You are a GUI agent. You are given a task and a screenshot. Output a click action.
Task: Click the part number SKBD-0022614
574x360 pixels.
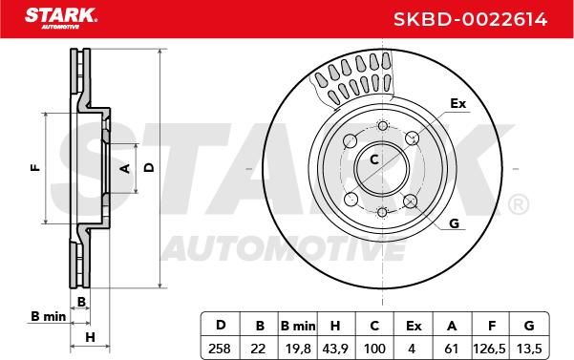tap(470, 19)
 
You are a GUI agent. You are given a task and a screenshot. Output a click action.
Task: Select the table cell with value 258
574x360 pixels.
tap(220, 349)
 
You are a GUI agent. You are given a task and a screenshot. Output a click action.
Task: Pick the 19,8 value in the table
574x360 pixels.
tap(298, 349)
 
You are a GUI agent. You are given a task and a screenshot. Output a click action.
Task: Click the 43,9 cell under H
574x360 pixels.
tap(335, 349)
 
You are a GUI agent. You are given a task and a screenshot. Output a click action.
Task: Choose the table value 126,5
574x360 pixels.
tap(489, 349)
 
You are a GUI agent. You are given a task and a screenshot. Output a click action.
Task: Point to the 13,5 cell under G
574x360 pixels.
tap(528, 349)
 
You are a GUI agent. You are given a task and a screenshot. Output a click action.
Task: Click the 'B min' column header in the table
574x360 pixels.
tap(298, 326)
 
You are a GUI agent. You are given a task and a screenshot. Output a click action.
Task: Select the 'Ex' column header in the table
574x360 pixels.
tap(414, 326)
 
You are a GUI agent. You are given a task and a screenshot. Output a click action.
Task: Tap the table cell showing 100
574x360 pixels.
tap(374, 349)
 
